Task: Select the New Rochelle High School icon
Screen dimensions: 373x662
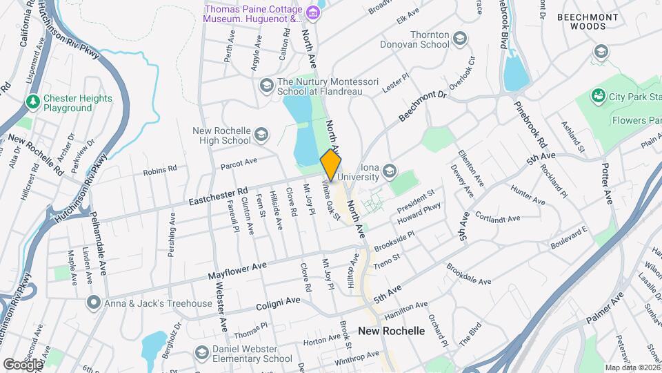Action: (261, 135)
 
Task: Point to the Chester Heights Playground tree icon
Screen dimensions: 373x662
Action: (32, 102)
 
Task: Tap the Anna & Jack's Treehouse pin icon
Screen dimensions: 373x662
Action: (93, 303)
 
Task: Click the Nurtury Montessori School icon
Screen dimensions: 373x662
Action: (266, 85)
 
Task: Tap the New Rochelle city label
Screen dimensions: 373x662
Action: (391, 331)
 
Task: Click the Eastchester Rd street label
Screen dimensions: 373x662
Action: (218, 197)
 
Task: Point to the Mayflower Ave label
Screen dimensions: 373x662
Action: (237, 270)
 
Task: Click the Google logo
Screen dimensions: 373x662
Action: (23, 363)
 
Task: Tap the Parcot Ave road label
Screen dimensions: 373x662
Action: (239, 163)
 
